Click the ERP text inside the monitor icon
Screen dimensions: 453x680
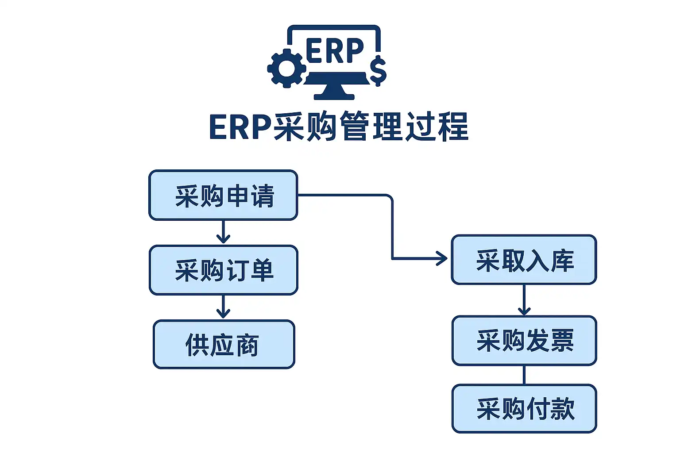(x=334, y=51)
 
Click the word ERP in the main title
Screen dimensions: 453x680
(x=240, y=127)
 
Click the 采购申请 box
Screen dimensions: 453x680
(x=223, y=195)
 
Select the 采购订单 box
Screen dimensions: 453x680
(x=224, y=270)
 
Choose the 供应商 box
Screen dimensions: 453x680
(x=224, y=345)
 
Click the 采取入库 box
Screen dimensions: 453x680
(x=524, y=260)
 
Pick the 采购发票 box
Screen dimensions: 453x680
(x=524, y=340)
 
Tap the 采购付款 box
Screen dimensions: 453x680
(x=524, y=408)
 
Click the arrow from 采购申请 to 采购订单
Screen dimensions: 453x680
(x=223, y=232)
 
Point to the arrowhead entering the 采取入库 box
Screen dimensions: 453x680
(x=442, y=258)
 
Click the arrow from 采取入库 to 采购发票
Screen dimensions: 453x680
(x=524, y=300)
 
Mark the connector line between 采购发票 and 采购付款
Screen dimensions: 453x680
(x=524, y=375)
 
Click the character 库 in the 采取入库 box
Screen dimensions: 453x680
(x=562, y=260)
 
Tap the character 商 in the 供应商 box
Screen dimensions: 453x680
(x=247, y=345)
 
